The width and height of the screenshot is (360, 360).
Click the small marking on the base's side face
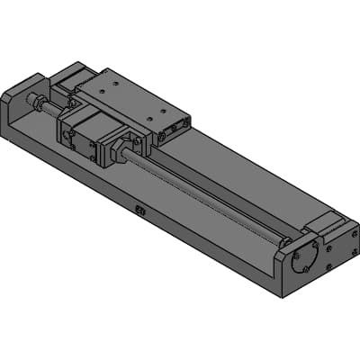(x=139, y=211)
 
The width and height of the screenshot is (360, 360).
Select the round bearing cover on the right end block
(x=303, y=256)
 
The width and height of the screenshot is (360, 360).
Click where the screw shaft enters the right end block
(x=284, y=240)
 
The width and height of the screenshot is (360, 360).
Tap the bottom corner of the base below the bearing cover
(x=285, y=292)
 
